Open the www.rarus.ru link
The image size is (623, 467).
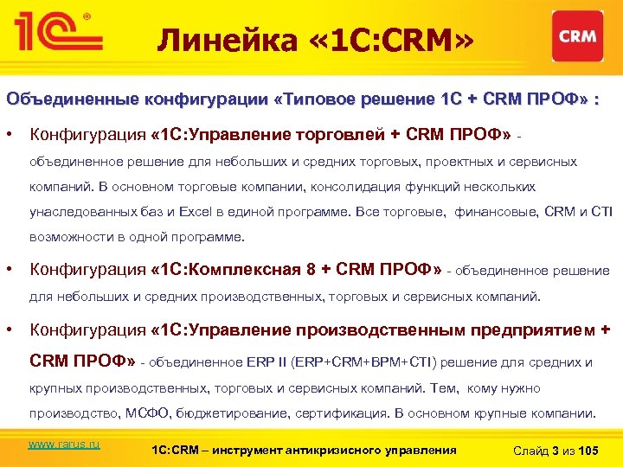64,444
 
